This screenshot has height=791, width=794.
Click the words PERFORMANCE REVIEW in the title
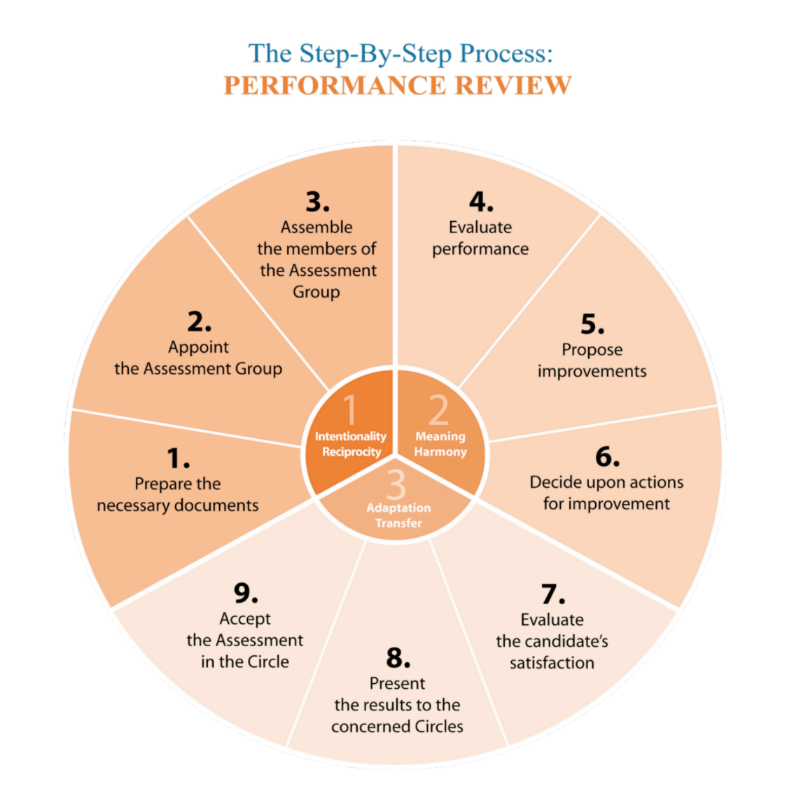397,85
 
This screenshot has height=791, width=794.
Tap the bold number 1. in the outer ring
178,458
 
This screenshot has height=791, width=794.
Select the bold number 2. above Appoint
199,322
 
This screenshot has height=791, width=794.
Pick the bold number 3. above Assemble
316,202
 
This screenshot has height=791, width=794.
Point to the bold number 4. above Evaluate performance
480,202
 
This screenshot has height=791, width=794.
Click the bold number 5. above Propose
592,325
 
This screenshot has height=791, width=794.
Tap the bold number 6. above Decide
607,457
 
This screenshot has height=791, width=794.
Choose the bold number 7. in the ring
552,594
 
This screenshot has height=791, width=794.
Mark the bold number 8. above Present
398,658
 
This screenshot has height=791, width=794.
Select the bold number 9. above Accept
246,594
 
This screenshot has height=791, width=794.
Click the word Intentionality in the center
350,436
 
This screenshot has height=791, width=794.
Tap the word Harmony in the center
440,452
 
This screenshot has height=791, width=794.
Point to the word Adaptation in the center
398,507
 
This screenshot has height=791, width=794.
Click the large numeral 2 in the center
438,410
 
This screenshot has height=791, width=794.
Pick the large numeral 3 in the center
396,484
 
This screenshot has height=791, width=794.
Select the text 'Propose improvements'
592,360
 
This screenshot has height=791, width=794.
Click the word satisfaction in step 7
552,663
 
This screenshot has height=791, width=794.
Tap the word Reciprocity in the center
351,452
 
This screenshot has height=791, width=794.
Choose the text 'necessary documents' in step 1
178,505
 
